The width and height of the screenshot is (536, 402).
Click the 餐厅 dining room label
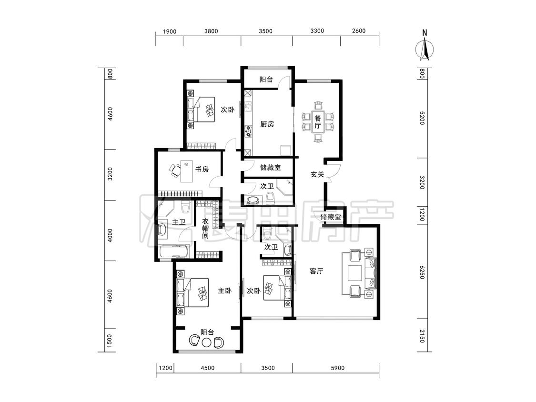point(318,122)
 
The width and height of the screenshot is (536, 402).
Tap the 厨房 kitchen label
point(267,124)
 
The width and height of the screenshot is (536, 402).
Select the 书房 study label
point(202,169)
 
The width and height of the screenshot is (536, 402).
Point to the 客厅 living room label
point(316,271)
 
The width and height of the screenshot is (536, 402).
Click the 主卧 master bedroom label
point(224,291)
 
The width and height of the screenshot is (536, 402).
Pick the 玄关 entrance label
point(317,174)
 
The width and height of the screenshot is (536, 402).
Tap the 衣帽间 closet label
point(205,228)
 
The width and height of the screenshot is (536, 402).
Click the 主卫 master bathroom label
point(179,222)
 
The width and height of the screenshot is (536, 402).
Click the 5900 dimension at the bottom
point(337,368)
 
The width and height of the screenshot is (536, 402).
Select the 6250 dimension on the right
point(422,272)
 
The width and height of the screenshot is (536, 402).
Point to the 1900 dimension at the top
point(170,31)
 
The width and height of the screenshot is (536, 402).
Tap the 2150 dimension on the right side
point(422,336)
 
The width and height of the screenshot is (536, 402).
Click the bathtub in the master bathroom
point(173,252)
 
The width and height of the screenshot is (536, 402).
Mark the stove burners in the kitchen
point(248,131)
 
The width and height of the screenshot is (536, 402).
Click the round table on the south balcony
point(206,342)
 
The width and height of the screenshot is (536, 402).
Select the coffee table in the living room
point(355,273)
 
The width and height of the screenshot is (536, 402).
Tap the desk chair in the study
point(175,170)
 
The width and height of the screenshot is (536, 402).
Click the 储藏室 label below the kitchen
point(271,168)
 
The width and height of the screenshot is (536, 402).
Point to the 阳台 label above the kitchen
point(266,80)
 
